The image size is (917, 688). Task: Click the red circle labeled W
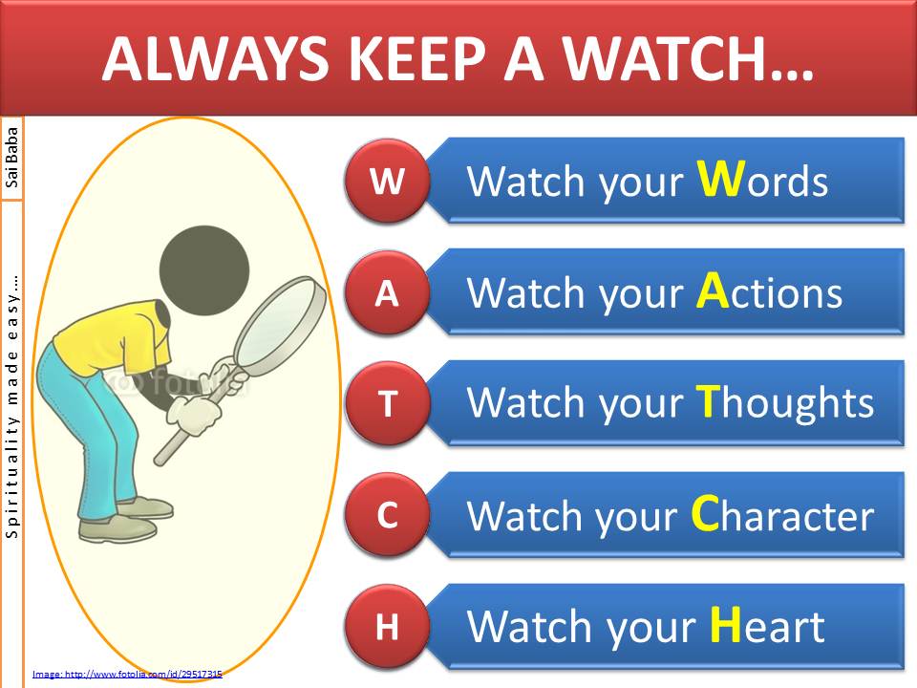pos(387,181)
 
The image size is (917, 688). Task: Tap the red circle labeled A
pos(387,292)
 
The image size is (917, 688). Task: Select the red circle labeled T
pos(387,403)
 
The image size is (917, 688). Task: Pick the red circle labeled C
pos(387,515)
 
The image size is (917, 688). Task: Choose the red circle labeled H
pos(387,627)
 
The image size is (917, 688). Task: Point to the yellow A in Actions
pos(713,290)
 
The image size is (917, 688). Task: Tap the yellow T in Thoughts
pos(708,400)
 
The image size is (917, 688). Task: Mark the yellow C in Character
pos(705,512)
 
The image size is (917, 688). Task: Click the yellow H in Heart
pos(726,624)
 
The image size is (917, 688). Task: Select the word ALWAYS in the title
pos(215,59)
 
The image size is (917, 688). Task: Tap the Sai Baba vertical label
pos(11,158)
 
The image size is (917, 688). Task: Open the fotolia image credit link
pos(127,674)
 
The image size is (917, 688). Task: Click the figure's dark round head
pos(204,270)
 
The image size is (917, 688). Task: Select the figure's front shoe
pos(117,528)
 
